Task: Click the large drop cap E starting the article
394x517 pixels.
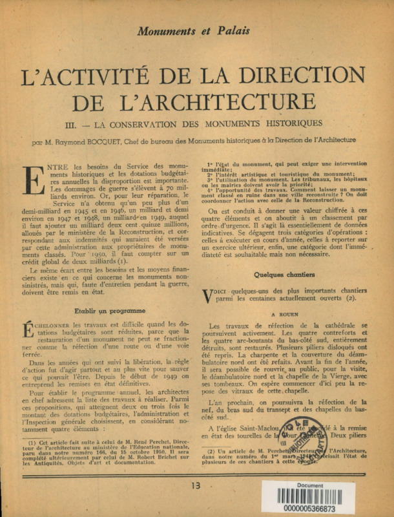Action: click(x=32, y=179)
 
